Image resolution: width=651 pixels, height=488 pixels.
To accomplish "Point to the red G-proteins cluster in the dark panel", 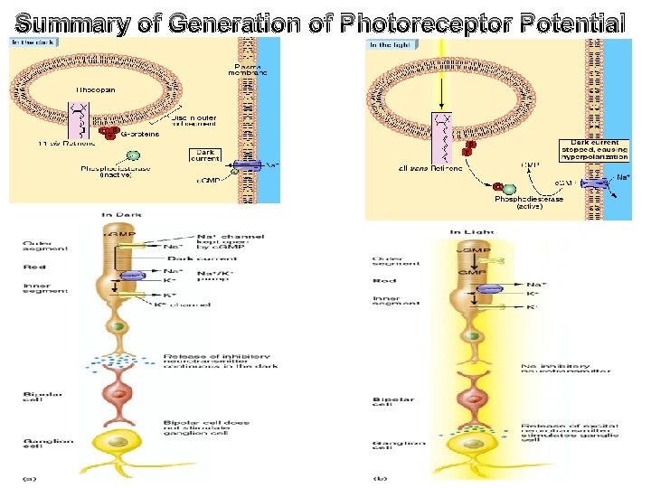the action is [x=109, y=134].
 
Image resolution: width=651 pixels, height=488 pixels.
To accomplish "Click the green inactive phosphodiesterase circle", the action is [x=133, y=156].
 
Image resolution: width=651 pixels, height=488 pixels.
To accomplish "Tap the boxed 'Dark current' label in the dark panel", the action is [x=204, y=155].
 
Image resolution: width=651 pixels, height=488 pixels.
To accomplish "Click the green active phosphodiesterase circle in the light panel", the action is [x=497, y=187].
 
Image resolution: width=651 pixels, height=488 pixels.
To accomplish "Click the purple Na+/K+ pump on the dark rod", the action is [x=134, y=276].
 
